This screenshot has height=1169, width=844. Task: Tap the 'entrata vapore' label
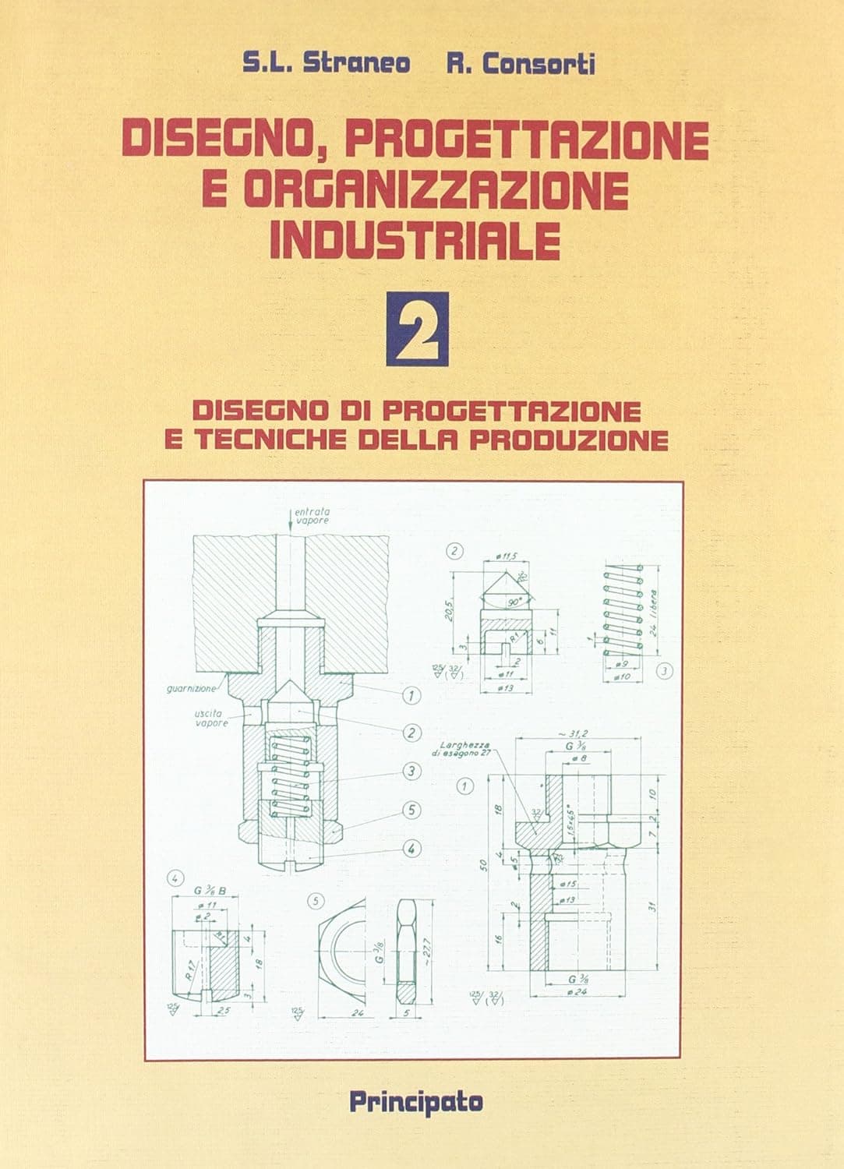tap(312, 515)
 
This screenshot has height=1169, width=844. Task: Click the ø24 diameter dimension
tap(578, 991)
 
